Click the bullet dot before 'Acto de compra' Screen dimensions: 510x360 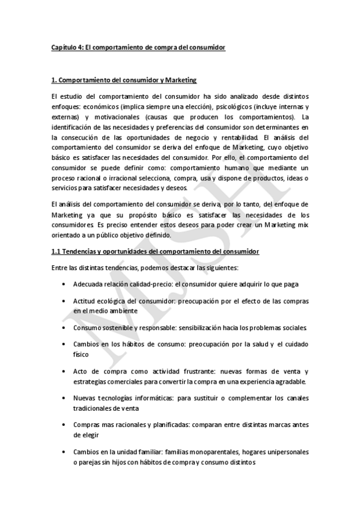(64, 372)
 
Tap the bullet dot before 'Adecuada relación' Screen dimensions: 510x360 (64, 284)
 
